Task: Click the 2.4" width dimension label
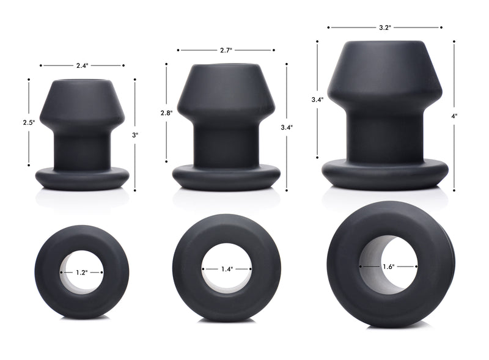coord(82,65)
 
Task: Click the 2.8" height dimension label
coord(166,113)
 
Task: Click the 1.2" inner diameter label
coord(81,272)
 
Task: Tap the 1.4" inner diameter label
coord(226,268)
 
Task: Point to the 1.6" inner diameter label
coord(388,266)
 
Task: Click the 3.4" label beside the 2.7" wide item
coord(286,127)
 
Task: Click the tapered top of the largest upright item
coord(384,73)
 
